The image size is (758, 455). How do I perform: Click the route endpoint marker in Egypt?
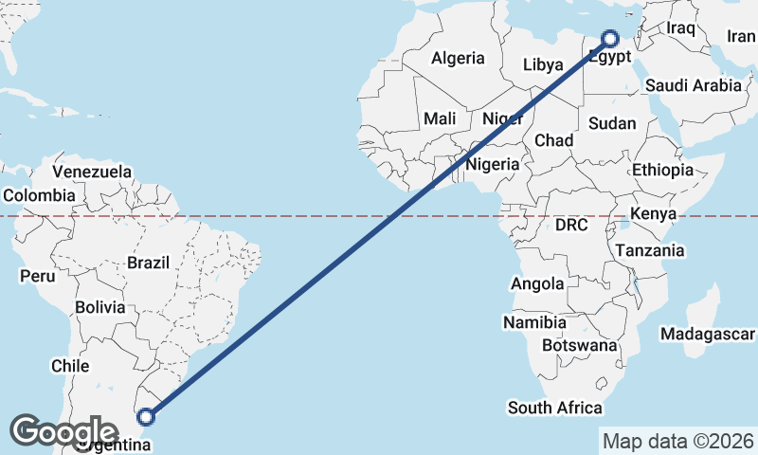609,39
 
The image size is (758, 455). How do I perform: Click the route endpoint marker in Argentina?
146,415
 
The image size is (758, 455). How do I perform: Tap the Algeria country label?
458,58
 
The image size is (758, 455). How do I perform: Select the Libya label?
543,65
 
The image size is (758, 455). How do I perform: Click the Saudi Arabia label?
694,85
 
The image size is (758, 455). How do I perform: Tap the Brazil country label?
148,262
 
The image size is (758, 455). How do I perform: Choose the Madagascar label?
708,335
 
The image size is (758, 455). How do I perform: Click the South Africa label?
554,408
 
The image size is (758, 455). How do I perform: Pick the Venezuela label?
92,172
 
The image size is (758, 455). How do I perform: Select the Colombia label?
39,195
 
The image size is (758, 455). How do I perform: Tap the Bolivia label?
100,307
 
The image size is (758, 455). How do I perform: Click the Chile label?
71,365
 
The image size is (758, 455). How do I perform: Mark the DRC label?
571,225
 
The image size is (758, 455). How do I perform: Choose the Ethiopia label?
663,170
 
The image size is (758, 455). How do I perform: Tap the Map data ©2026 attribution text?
677,441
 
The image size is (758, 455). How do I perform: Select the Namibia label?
534,322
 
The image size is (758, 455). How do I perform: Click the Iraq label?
680,27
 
